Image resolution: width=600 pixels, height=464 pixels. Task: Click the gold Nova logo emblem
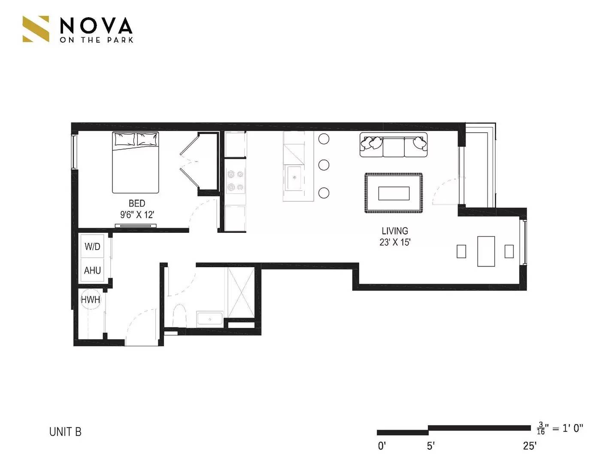(36, 29)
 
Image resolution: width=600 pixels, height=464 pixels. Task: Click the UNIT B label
(65, 432)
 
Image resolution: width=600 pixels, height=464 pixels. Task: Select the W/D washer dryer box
(92, 246)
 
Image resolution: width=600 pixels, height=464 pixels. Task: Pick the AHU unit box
(92, 270)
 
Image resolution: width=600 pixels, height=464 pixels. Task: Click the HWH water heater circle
(91, 299)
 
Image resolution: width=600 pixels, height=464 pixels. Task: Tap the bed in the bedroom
(136, 162)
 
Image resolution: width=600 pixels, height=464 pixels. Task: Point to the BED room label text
(137, 203)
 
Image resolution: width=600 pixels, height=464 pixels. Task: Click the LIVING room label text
(394, 231)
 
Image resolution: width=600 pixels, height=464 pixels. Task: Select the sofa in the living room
(394, 145)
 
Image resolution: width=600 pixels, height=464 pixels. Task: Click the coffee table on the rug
(394, 193)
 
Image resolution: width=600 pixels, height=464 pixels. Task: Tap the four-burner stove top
(235, 180)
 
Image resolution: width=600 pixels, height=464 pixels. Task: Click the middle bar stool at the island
(324, 165)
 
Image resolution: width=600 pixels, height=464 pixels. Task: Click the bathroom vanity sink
(209, 319)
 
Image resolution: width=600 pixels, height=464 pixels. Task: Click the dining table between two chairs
(486, 251)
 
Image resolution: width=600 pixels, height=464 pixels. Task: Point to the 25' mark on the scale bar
(530, 446)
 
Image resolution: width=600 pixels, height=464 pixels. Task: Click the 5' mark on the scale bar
(430, 446)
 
